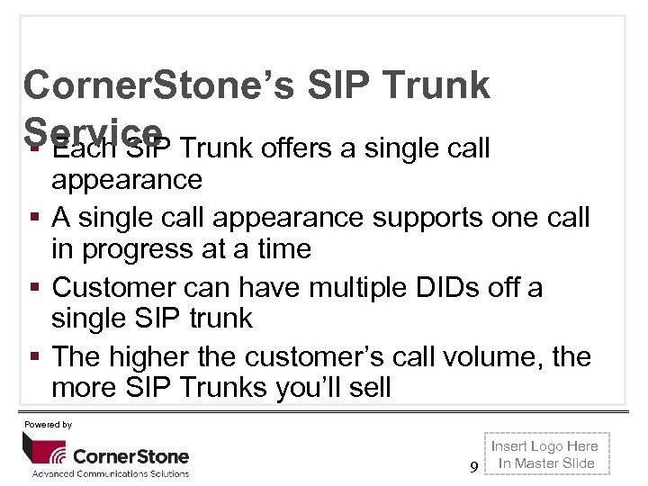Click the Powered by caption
point(49,424)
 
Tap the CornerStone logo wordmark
point(130,456)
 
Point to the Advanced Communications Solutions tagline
point(111,473)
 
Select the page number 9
point(473,466)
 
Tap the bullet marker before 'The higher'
point(31,357)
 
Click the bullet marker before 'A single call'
point(31,218)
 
